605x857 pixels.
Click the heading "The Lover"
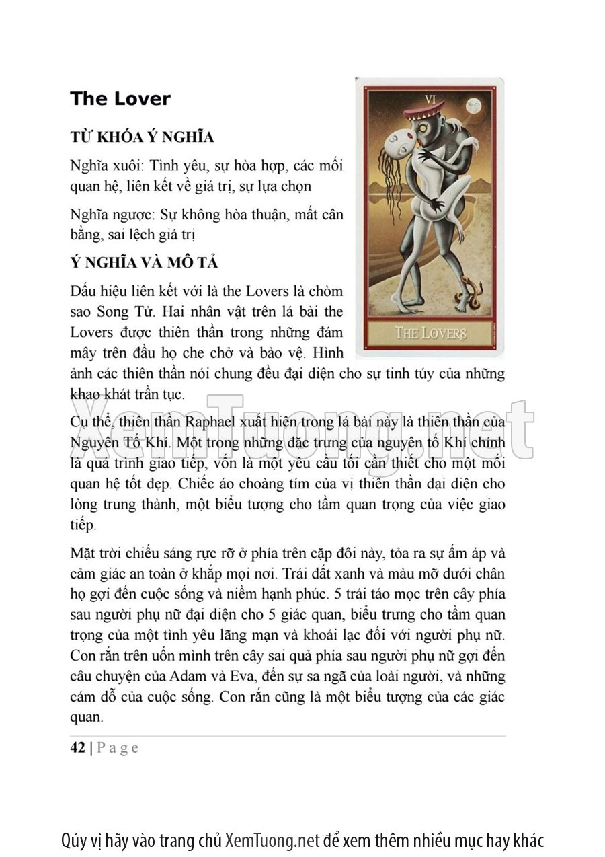tap(120, 99)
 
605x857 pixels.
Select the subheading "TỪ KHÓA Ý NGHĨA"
tap(142, 137)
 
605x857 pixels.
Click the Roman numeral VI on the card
tap(430, 99)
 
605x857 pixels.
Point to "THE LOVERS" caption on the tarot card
tap(430, 332)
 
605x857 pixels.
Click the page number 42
tap(77, 747)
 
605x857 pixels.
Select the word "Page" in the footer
tap(118, 748)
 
